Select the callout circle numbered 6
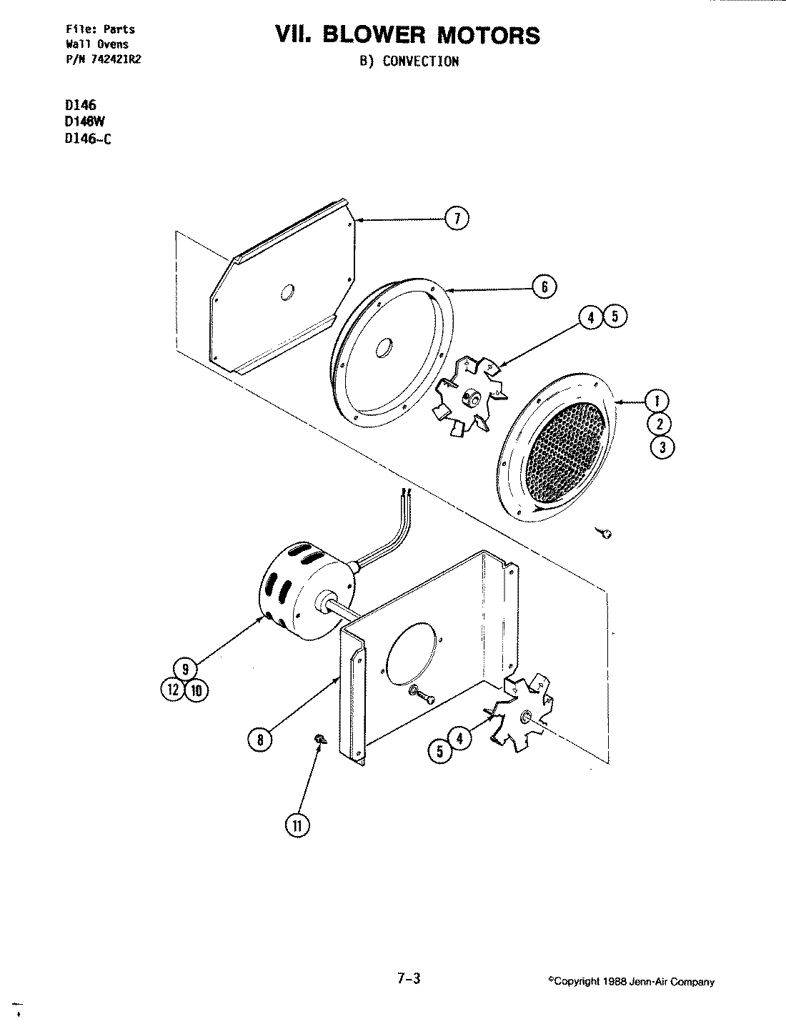click(x=544, y=287)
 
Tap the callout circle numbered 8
click(x=261, y=740)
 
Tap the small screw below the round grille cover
click(x=605, y=532)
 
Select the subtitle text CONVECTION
click(x=420, y=61)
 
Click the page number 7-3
click(x=408, y=980)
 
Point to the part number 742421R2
click(x=113, y=60)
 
